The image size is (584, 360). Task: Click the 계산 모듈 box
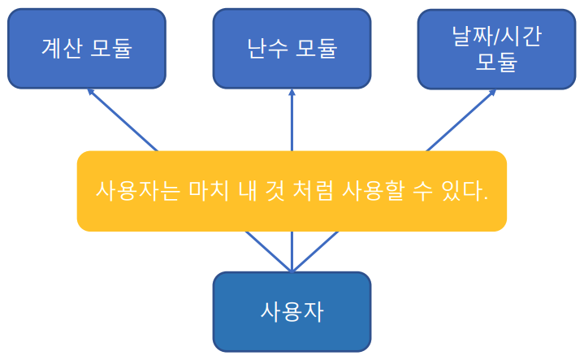(86, 49)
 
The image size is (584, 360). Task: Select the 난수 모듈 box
(292, 49)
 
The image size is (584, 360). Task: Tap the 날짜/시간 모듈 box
(496, 49)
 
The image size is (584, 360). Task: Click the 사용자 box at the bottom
(292, 311)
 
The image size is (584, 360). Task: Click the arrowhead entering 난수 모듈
(292, 93)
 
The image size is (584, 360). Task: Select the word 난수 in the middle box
(267, 49)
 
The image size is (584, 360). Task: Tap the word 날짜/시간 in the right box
(496, 36)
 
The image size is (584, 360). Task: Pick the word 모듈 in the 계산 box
(110, 49)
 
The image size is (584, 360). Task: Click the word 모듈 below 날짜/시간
(496, 63)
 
